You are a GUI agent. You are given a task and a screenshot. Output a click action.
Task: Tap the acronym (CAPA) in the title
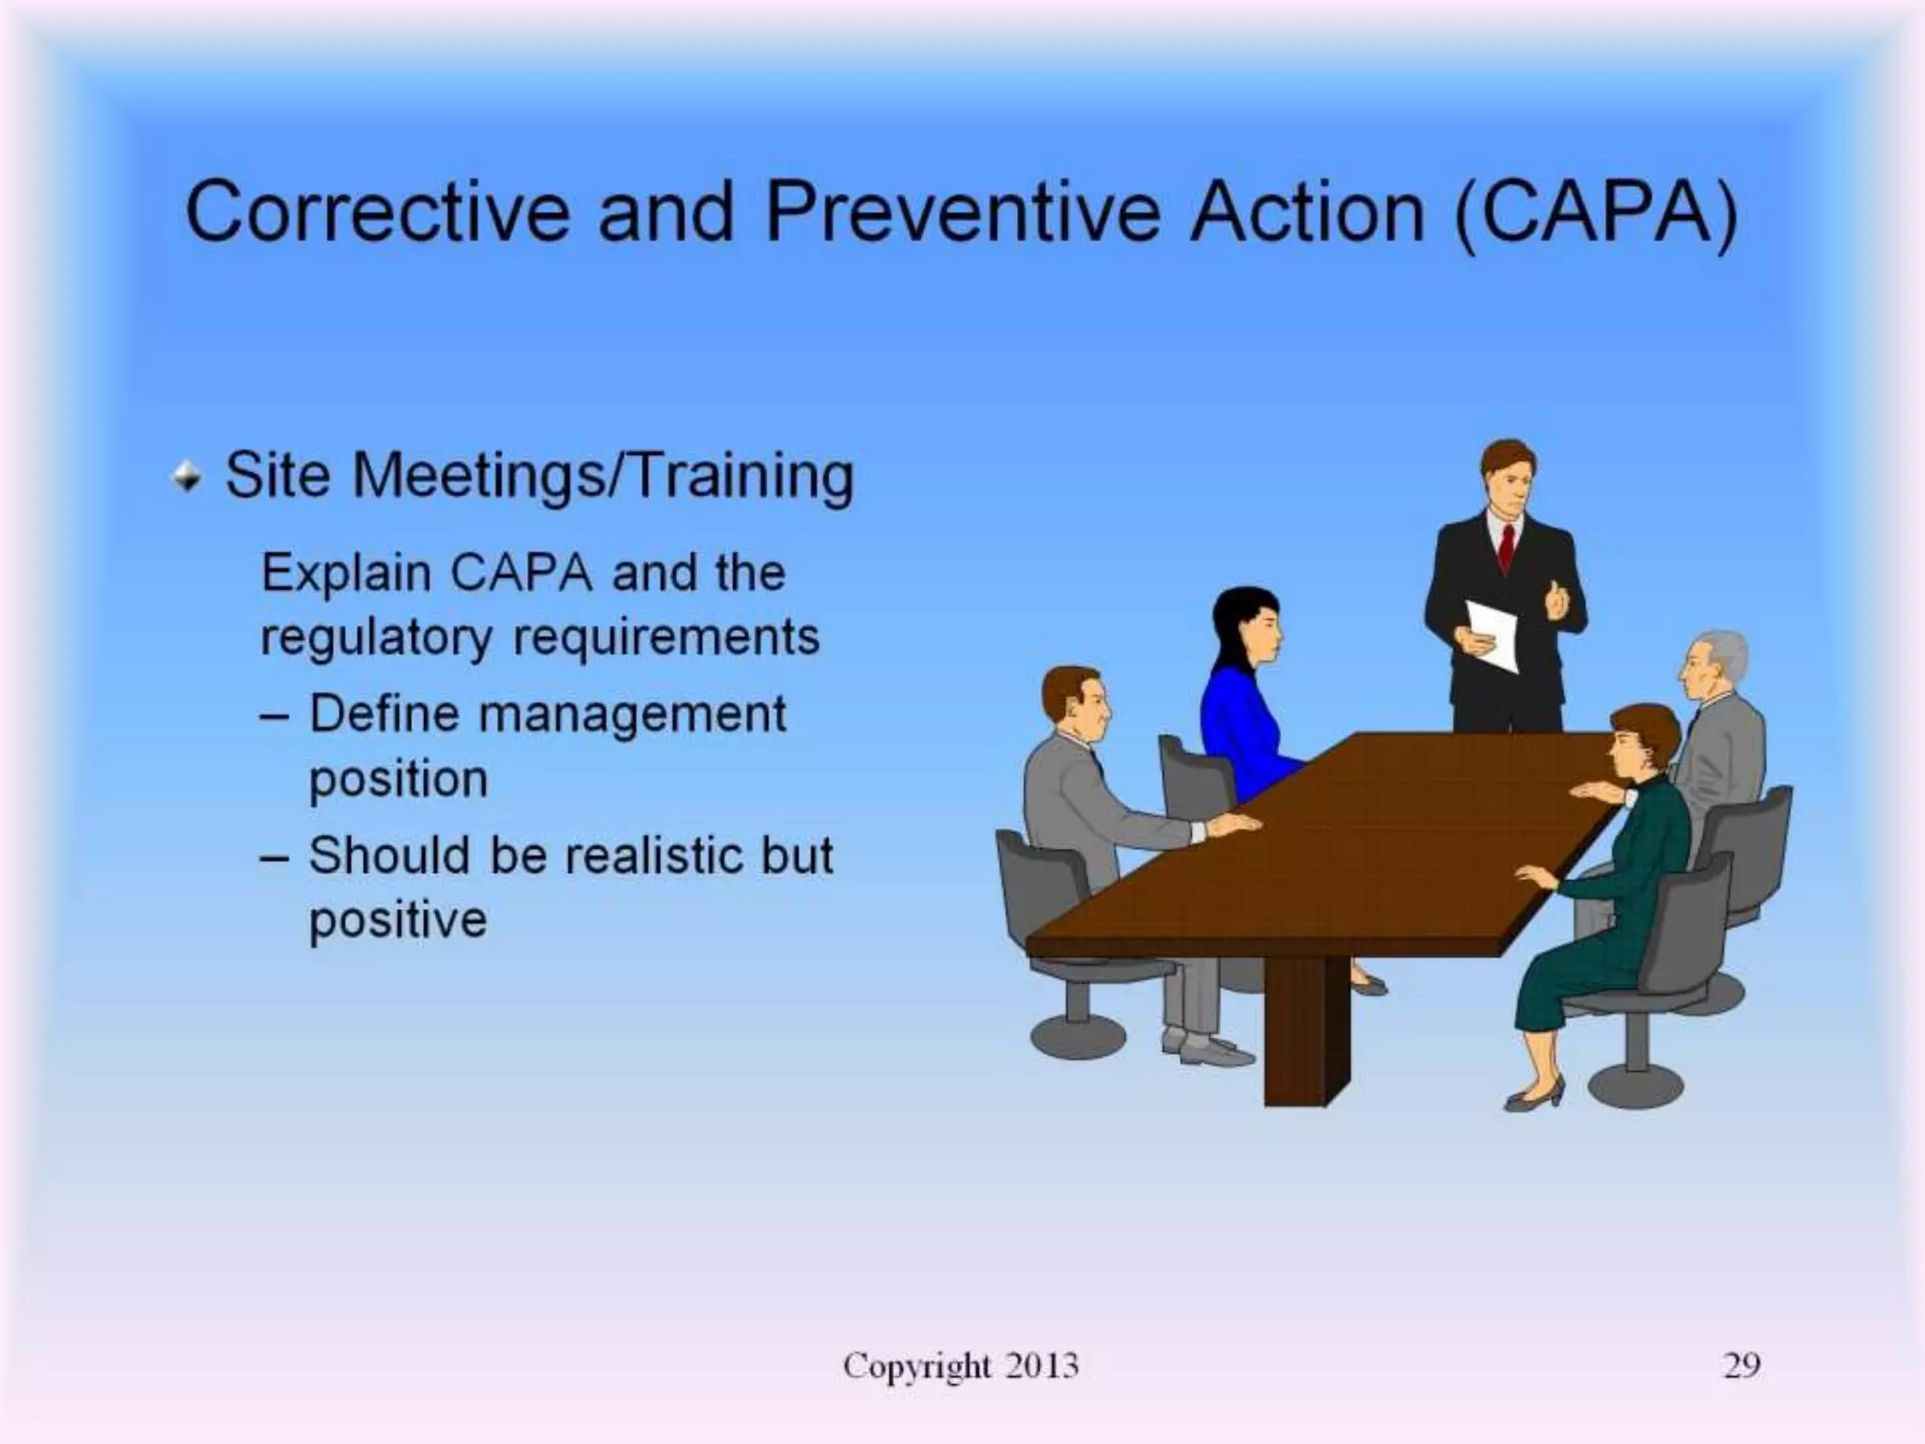point(1595,212)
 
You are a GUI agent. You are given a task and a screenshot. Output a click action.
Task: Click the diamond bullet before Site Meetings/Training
point(187,478)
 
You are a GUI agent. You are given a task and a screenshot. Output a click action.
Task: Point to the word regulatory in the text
point(375,639)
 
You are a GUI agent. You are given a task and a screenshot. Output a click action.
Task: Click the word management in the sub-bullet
point(632,714)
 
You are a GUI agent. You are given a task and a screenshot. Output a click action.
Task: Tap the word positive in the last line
point(398,920)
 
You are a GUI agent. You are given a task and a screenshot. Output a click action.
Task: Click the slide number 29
point(1741,1365)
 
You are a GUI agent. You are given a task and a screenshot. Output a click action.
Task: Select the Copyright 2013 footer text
point(960,1365)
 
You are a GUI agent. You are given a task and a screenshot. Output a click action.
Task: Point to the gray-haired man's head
point(1713,664)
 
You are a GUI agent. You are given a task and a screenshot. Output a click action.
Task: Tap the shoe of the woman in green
point(1534,1097)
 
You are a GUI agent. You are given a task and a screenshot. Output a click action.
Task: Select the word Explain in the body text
point(346,573)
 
